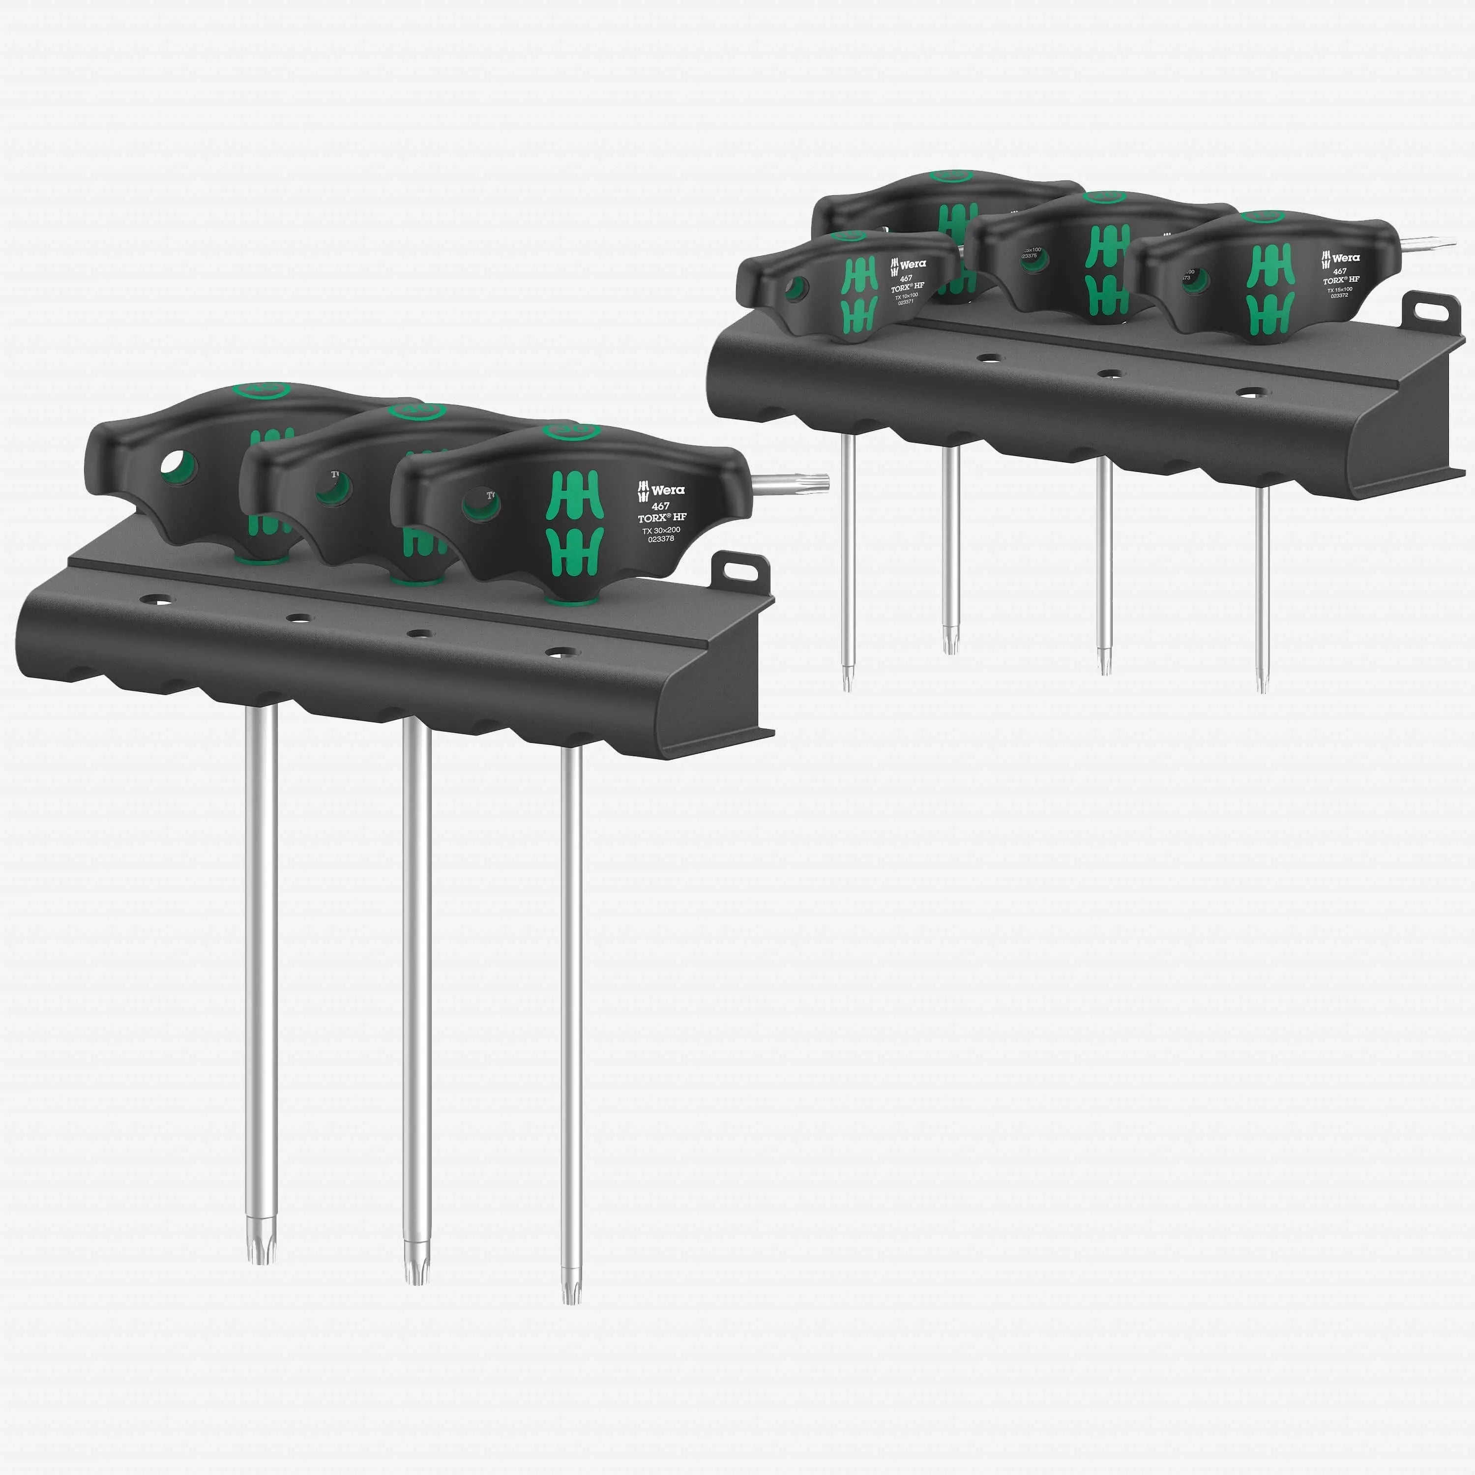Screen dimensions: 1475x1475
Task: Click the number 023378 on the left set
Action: [661, 539]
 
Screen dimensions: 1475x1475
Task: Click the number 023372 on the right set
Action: [1340, 295]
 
